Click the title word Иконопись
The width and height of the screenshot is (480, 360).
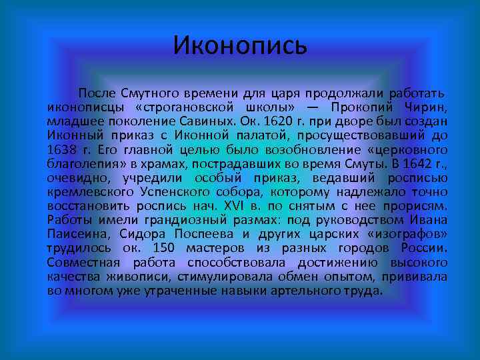(x=240, y=45)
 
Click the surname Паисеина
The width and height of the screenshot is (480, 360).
(x=74, y=234)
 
